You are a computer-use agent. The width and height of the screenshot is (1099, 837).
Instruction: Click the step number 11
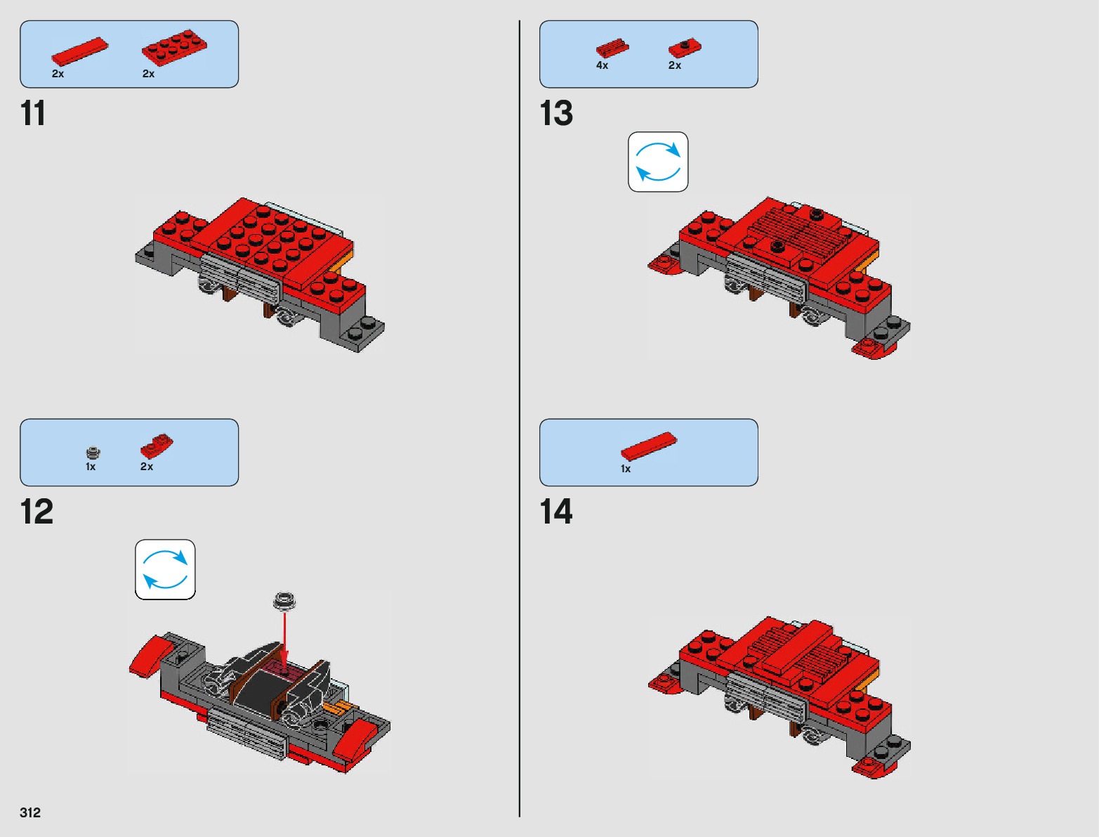coord(33,113)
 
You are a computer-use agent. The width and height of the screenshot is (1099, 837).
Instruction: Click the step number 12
coord(37,512)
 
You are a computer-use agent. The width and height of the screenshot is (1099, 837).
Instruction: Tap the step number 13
coord(556,113)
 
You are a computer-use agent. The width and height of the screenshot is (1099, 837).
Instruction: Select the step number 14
coord(556,512)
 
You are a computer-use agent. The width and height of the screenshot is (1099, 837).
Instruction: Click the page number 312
coord(30,812)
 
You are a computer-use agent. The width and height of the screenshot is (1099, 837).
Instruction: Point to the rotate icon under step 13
coord(658,162)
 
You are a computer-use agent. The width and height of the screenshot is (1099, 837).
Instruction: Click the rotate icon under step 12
coord(165,569)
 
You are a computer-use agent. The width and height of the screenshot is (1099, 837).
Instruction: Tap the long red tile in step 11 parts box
coord(79,53)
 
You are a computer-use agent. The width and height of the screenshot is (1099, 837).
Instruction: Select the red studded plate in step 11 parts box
coord(174,47)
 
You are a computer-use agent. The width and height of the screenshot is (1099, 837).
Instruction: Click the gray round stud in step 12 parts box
coord(93,452)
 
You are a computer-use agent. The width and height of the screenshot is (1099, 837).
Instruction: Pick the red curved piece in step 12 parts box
coord(157,447)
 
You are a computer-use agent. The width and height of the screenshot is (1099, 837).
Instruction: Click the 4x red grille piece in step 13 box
coord(612,48)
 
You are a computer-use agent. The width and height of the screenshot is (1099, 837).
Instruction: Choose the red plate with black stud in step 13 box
coord(685,48)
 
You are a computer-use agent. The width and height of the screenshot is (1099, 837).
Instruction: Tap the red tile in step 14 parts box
coord(648,446)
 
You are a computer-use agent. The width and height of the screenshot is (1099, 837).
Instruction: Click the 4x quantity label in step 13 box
coord(602,65)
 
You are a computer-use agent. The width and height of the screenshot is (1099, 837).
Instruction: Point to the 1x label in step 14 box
coord(626,469)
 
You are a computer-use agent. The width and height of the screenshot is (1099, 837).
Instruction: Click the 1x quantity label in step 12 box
coord(91,467)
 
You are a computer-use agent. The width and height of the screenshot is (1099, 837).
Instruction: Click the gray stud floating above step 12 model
coord(284,601)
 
